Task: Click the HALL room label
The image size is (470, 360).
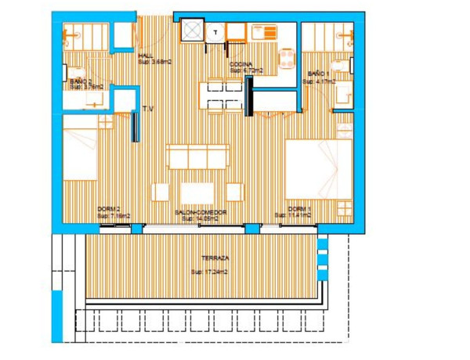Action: pyautogui.click(x=145, y=56)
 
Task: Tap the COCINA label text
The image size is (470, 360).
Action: pyautogui.click(x=240, y=65)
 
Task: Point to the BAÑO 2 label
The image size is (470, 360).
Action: pyautogui.click(x=81, y=81)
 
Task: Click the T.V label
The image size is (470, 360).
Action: pyautogui.click(x=147, y=110)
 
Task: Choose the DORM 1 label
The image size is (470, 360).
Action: pyautogui.click(x=299, y=209)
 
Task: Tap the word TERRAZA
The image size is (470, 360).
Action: pyautogui.click(x=214, y=257)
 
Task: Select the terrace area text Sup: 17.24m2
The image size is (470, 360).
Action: pyautogui.click(x=209, y=272)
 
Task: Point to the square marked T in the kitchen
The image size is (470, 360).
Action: pyautogui.click(x=215, y=32)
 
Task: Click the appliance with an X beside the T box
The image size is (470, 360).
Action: pyautogui.click(x=191, y=31)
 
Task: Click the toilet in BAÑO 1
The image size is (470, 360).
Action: pyautogui.click(x=343, y=94)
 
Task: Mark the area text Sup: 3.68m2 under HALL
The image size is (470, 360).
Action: pyautogui.click(x=154, y=63)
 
